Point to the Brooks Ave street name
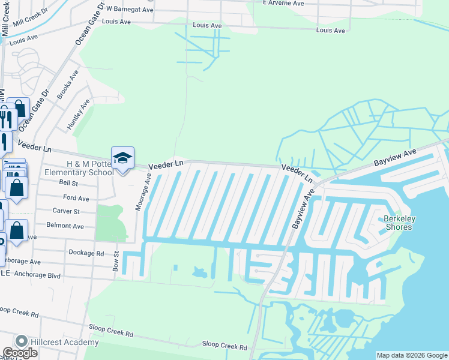click(x=68, y=85)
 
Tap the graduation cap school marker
click(x=122, y=158)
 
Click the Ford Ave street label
click(x=76, y=197)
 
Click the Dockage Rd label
click(x=86, y=253)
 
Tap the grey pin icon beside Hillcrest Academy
click(x=22, y=341)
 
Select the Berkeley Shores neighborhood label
click(x=398, y=223)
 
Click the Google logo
click(x=19, y=353)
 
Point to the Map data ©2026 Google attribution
click(x=412, y=355)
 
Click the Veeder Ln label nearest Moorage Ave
click(x=166, y=164)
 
